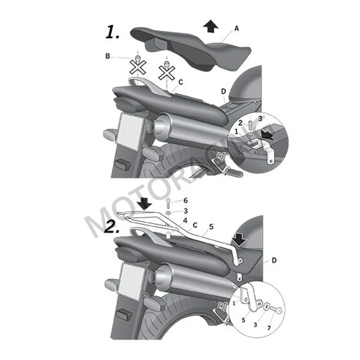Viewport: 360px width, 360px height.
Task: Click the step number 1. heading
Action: [x=113, y=32]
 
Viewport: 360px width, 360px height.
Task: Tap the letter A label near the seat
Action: [x=237, y=28]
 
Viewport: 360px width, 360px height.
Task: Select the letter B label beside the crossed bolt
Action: [x=108, y=56]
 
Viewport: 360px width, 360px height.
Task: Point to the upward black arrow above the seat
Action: [x=211, y=27]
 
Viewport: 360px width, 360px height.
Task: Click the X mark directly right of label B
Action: [x=137, y=67]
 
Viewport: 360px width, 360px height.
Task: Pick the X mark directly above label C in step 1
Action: [x=167, y=72]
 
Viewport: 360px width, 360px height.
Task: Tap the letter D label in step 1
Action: [x=223, y=91]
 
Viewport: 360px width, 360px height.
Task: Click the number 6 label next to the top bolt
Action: [x=185, y=200]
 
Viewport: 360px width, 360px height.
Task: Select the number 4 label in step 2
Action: [x=185, y=221]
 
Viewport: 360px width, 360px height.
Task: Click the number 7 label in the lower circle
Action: [x=269, y=328]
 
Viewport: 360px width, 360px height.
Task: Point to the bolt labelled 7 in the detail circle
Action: [x=277, y=310]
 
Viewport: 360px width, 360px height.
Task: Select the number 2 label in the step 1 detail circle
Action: [x=240, y=123]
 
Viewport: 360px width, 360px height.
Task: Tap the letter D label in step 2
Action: [x=274, y=261]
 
